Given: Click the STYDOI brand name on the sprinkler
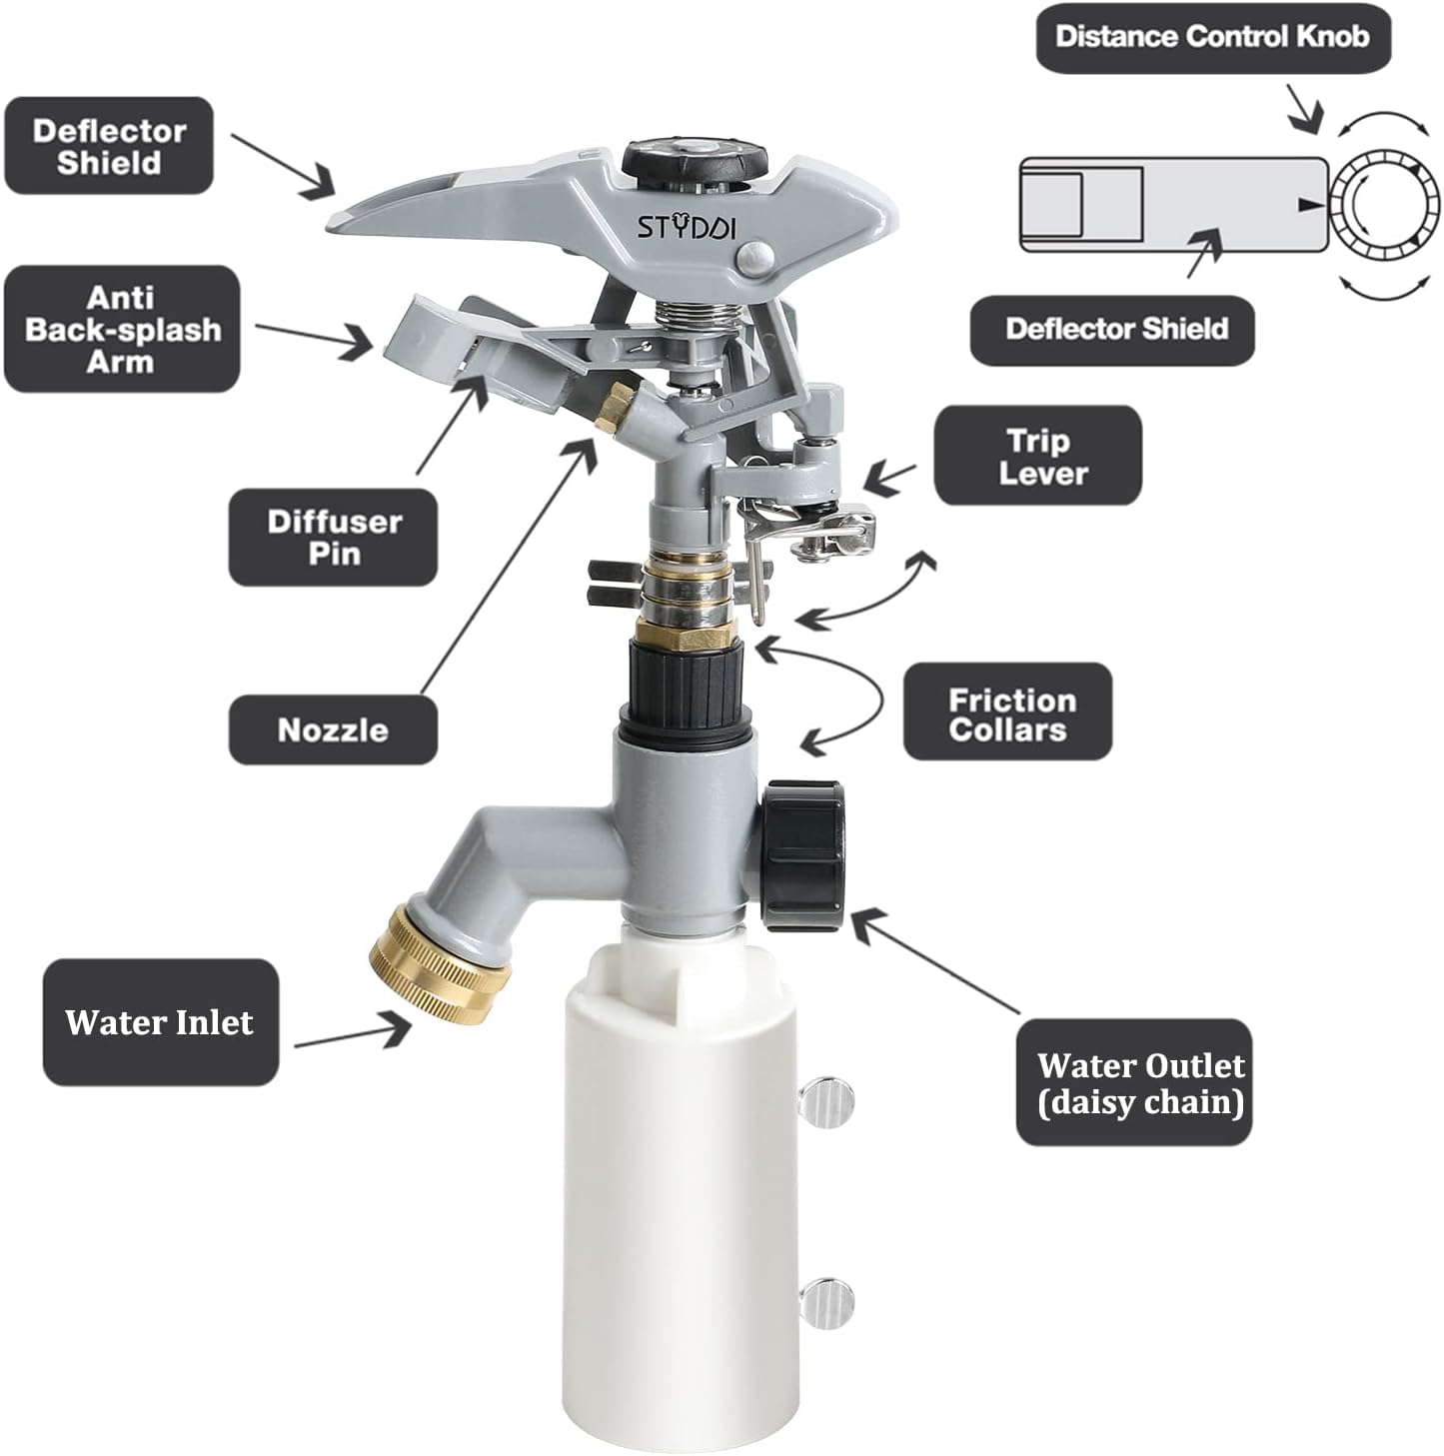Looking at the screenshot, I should click(687, 227).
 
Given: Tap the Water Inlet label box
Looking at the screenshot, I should click(160, 1022).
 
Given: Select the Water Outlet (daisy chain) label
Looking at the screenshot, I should click(1139, 1083).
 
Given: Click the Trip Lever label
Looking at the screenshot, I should click(1037, 456).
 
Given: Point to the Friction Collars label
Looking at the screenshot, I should click(1007, 714).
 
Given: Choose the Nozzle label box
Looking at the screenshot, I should click(333, 729).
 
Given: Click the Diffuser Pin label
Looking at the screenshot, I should click(334, 537).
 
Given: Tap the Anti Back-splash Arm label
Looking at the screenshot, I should click(122, 329).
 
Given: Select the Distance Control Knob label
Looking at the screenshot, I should click(1211, 37).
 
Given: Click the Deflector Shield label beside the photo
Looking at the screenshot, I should click(109, 146).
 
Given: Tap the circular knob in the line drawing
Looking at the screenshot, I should click(1383, 204).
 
